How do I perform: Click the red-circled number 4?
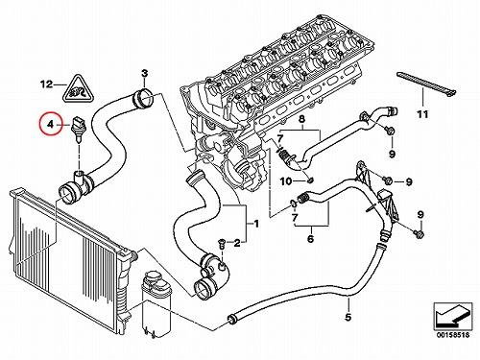click(51, 124)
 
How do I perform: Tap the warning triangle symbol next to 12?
click(78, 90)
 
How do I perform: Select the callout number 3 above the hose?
click(145, 73)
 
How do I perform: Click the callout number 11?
click(422, 114)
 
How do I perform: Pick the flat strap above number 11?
click(426, 84)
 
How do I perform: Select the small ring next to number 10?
click(310, 181)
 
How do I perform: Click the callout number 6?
click(310, 238)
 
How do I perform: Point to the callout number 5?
click(348, 317)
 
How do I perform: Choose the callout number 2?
click(237, 244)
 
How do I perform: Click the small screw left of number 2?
click(221, 243)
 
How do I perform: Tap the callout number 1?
click(256, 224)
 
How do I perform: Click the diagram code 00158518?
click(453, 335)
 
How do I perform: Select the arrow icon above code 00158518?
click(453, 315)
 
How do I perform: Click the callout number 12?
click(46, 84)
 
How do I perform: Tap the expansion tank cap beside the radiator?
click(152, 278)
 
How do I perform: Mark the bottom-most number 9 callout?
click(420, 214)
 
